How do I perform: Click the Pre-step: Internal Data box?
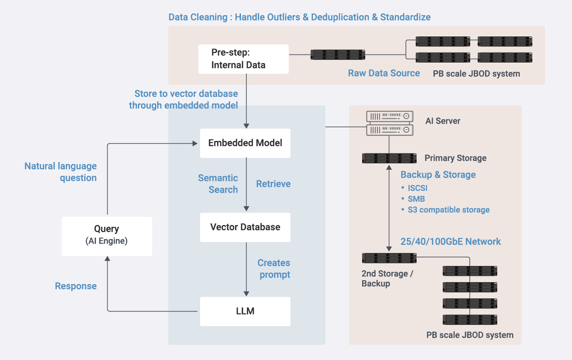(x=243, y=59)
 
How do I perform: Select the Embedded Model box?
(x=245, y=143)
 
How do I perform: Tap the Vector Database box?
(x=245, y=227)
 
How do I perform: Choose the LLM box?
(x=245, y=311)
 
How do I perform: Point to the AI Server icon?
(x=389, y=123)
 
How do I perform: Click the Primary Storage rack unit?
(x=389, y=158)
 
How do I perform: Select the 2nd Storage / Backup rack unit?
(x=389, y=258)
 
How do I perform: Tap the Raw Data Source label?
(x=384, y=73)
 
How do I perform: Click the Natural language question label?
(x=60, y=172)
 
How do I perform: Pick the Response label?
(x=76, y=286)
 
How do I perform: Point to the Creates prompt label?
(x=274, y=269)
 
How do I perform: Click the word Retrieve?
(x=273, y=184)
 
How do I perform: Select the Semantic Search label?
(x=218, y=184)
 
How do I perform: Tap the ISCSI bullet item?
(x=417, y=188)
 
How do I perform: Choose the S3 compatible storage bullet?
(x=448, y=210)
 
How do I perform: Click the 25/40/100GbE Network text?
(x=450, y=242)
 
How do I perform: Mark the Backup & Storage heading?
(x=438, y=175)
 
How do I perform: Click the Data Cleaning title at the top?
(x=299, y=18)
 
